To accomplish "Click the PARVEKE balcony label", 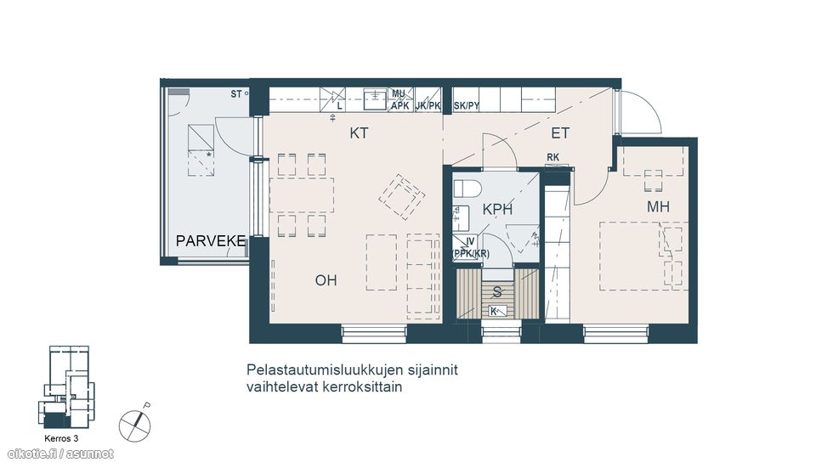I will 211,242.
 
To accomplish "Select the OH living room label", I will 326,280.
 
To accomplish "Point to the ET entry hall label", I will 559,133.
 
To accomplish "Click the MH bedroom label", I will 658,206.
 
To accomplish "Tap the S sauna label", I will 497,291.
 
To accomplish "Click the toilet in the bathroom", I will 468,187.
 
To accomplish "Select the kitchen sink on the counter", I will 374,100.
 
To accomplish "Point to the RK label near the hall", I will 553,156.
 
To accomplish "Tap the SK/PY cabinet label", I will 467,106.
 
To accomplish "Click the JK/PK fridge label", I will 428,106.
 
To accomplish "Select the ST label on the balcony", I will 236,93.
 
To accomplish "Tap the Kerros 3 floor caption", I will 60,439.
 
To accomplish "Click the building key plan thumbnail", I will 68,386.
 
